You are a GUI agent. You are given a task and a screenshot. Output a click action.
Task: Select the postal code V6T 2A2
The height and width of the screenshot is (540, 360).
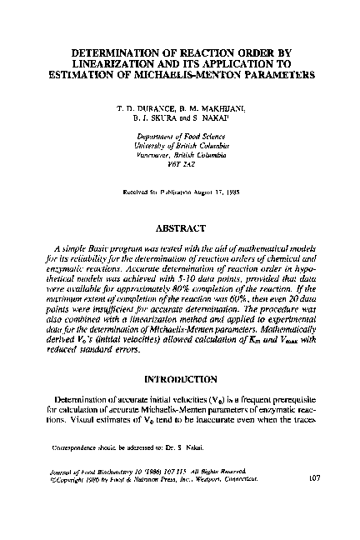point(179,164)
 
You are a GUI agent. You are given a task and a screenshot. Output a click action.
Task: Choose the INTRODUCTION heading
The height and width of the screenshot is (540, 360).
point(179,379)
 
